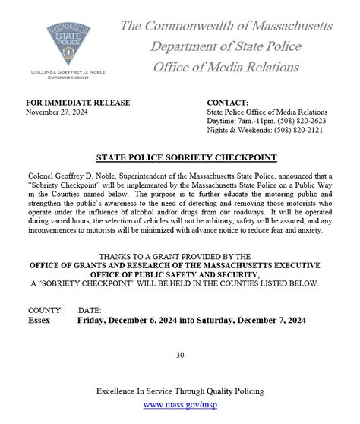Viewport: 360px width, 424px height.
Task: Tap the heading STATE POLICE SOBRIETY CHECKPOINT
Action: [x=180, y=157]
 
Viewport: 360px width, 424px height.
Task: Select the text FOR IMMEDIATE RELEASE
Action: [x=78, y=103]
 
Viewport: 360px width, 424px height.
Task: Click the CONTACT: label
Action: [x=228, y=103]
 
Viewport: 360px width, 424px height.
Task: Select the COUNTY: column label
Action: [x=46, y=311]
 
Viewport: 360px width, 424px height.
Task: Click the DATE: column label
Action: [x=90, y=311]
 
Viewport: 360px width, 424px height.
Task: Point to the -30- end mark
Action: [x=180, y=356]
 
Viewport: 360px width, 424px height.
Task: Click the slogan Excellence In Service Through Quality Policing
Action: [x=180, y=391]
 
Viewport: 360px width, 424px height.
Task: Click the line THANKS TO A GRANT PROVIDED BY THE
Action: [x=180, y=257]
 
